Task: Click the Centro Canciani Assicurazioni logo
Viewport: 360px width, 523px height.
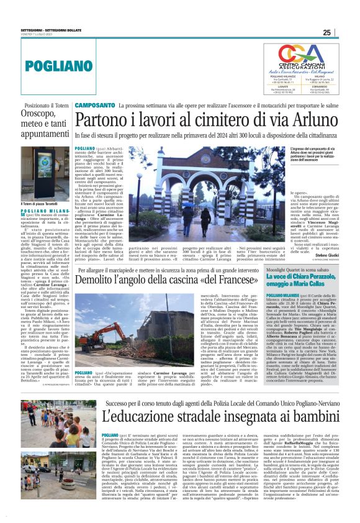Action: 299,58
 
